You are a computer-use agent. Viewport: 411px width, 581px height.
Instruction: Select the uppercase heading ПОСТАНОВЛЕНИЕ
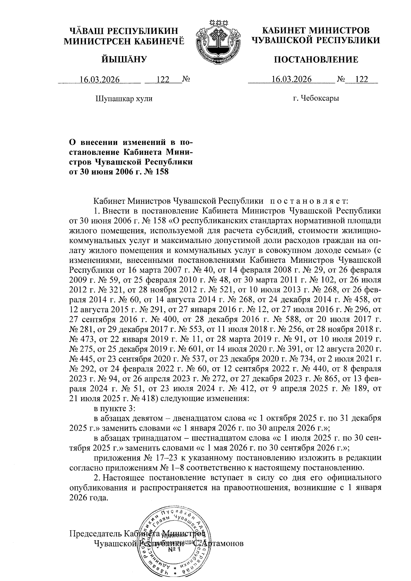(315, 60)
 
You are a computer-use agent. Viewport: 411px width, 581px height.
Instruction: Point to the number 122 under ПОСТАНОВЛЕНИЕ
(362, 80)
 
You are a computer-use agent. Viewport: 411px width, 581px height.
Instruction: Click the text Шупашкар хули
(124, 99)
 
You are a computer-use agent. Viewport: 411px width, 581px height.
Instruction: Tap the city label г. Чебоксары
(316, 99)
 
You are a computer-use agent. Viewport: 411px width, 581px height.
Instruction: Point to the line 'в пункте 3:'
(115, 409)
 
